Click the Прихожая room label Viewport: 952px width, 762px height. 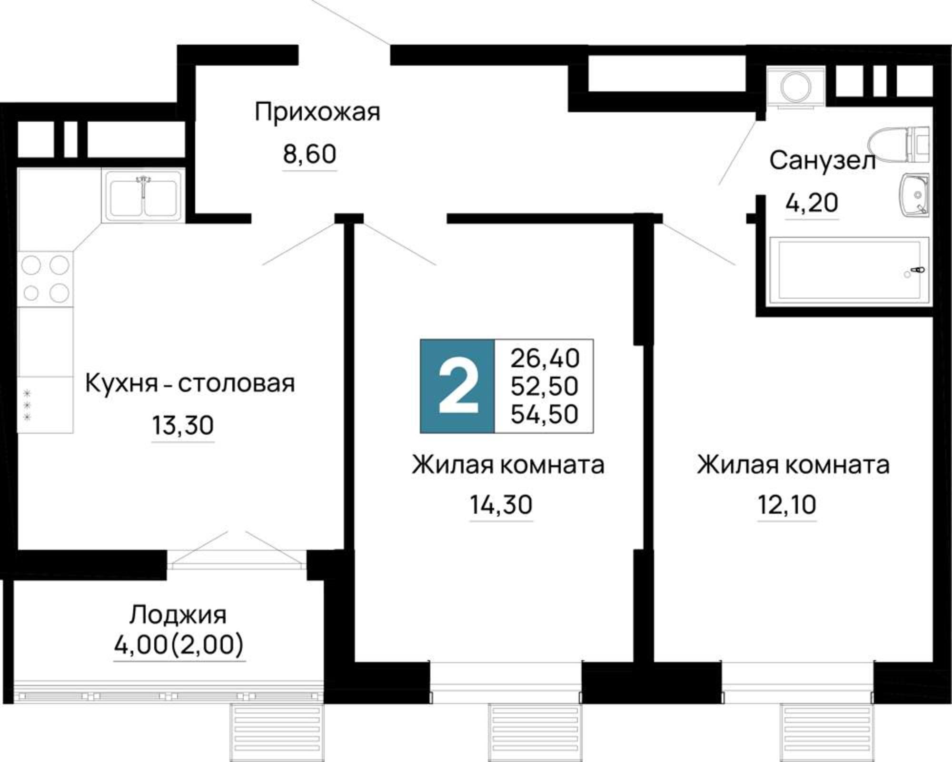click(x=317, y=113)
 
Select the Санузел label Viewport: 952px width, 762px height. click(x=823, y=161)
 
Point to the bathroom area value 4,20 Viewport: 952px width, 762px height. click(x=812, y=204)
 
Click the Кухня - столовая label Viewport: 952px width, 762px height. click(x=190, y=383)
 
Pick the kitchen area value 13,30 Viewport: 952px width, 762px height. click(x=183, y=426)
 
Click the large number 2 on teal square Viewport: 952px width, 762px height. click(x=457, y=386)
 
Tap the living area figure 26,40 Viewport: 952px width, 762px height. click(x=545, y=359)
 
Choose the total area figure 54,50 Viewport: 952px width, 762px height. click(x=545, y=414)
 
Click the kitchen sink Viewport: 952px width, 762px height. click(x=143, y=195)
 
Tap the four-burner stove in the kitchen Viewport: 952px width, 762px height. click(x=45, y=279)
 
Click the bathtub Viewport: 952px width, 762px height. click(x=849, y=270)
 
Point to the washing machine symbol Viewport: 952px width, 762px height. click(x=795, y=87)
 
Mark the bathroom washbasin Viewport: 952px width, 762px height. click(x=914, y=195)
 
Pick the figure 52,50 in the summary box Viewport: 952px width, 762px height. click(x=545, y=386)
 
